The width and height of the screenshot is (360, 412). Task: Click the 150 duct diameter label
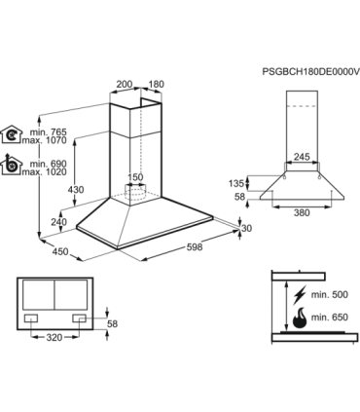(138, 177)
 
